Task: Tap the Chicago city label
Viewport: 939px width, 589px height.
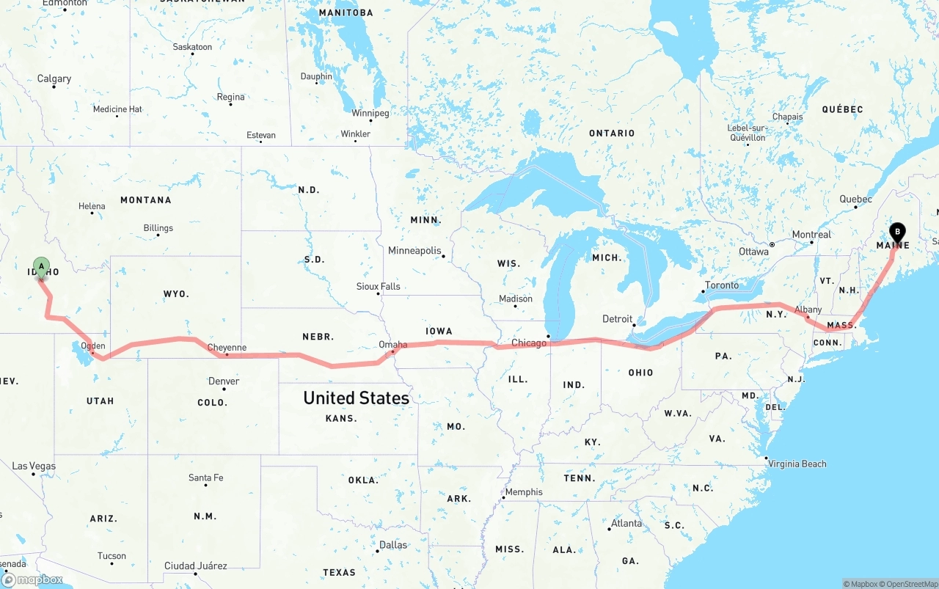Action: [529, 343]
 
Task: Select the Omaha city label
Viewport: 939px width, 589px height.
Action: [392, 344]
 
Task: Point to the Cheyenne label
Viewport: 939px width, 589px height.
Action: [227, 348]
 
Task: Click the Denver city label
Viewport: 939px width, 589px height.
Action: [223, 381]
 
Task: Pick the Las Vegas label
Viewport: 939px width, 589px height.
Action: [34, 466]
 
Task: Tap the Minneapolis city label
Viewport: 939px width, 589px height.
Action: [414, 251]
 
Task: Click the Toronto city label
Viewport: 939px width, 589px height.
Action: [722, 285]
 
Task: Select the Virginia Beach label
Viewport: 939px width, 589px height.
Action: [797, 464]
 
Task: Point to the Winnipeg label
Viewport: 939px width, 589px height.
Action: [370, 113]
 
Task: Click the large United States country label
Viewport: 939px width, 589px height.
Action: [356, 398]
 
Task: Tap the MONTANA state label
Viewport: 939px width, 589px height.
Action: [145, 200]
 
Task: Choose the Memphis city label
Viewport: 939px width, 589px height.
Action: [524, 492]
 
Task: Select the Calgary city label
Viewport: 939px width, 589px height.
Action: [54, 78]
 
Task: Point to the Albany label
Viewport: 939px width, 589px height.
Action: [808, 310]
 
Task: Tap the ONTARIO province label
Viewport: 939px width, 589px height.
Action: [612, 133]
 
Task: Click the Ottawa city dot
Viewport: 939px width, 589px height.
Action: [772, 244]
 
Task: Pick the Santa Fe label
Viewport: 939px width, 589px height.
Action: [205, 478]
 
